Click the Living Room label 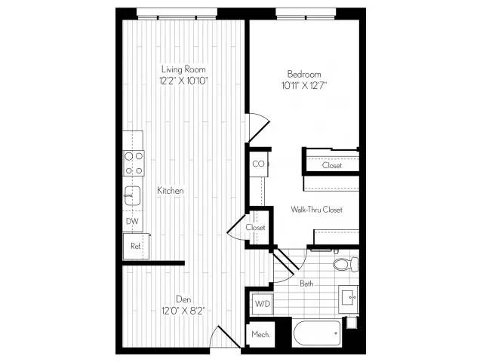pos(183,69)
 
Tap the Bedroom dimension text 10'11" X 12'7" pos(303,85)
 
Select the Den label pos(183,299)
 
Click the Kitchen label pos(171,191)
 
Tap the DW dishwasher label pos(132,221)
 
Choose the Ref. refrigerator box pos(136,247)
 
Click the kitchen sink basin pos(133,196)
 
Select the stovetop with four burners pos(134,163)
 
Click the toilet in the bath pos(346,265)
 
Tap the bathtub pos(317,333)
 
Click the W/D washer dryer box pos(263,304)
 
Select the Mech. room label pos(260,334)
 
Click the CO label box pos(258,164)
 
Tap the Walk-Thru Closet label pos(317,210)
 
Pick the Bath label pos(306,284)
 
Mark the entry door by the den pos(225,336)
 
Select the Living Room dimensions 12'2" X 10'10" pos(183,81)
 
